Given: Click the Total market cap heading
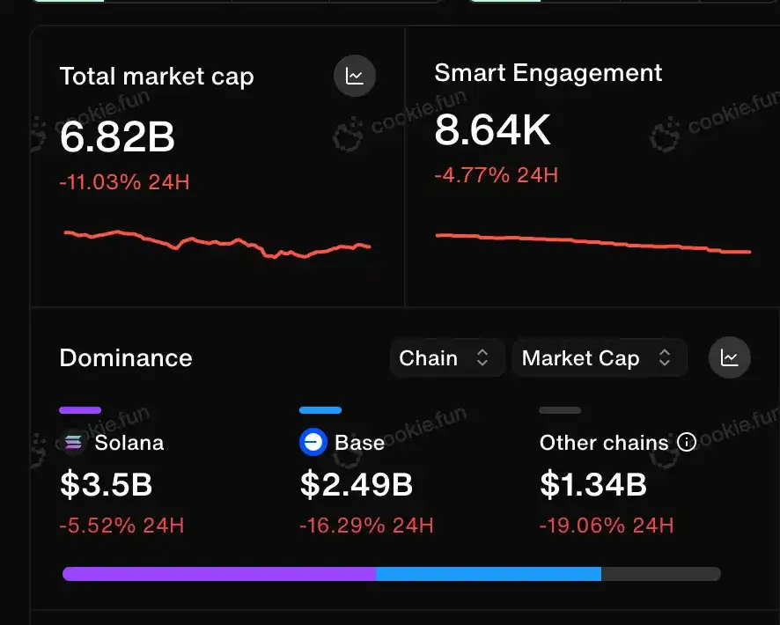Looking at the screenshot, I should tap(157, 77).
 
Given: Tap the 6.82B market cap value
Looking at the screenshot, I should tap(117, 137).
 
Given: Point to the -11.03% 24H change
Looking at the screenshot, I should tap(124, 183).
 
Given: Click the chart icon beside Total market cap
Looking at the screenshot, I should tap(355, 76).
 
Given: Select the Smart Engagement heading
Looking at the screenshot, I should tap(548, 73).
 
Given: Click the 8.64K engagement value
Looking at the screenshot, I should tap(492, 131).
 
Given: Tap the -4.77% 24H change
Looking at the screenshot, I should tap(496, 174).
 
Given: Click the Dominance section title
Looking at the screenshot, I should tap(126, 358).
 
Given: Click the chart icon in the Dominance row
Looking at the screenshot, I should tap(729, 357).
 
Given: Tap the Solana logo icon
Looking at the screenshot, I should tap(74, 442).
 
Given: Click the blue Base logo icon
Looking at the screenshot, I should tap(313, 442).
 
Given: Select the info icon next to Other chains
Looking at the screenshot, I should tap(686, 442).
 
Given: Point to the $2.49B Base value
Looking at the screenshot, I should tap(357, 484).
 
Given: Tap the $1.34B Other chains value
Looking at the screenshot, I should tap(593, 484).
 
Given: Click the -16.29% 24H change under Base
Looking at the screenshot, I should tap(366, 526).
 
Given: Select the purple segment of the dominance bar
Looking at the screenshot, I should tap(219, 574).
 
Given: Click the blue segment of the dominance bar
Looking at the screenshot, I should tap(489, 574).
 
